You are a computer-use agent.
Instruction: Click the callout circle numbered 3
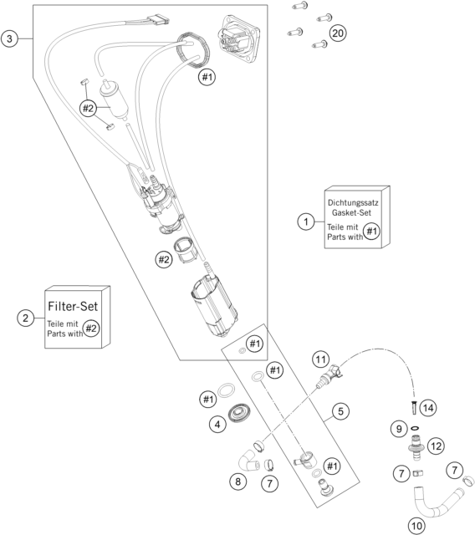click(9, 38)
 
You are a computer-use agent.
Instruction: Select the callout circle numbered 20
click(338, 33)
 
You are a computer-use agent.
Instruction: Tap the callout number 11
click(321, 359)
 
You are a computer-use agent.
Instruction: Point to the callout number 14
click(428, 407)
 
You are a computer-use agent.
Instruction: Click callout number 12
click(436, 446)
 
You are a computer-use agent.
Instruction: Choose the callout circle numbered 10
click(416, 526)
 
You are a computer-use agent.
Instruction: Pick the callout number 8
click(238, 481)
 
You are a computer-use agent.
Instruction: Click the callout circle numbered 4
click(217, 425)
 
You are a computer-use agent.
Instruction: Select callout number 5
click(341, 411)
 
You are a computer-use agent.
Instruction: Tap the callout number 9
click(399, 429)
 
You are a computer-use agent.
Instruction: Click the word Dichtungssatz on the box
click(353, 202)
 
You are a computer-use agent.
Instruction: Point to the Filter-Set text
click(73, 306)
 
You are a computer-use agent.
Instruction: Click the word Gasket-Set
click(351, 212)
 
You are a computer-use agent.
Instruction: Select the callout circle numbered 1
click(306, 222)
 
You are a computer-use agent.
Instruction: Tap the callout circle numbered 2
click(26, 318)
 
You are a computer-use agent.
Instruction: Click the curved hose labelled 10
click(438, 503)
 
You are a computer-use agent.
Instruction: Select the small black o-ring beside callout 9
click(416, 428)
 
